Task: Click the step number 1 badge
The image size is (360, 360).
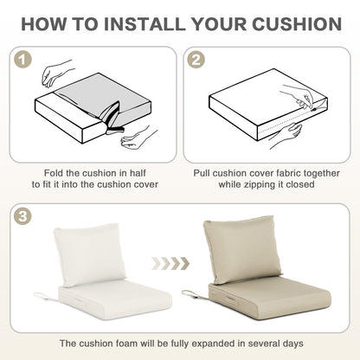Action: (x=22, y=60)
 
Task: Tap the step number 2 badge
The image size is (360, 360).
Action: (x=196, y=60)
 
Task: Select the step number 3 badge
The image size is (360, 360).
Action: (x=22, y=216)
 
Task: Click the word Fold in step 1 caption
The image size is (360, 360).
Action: (x=54, y=173)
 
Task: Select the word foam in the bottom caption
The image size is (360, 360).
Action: (x=126, y=344)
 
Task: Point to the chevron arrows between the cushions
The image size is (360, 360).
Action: (x=170, y=263)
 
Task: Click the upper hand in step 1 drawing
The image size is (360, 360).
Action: (x=56, y=73)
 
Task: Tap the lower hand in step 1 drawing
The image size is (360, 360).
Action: (x=138, y=138)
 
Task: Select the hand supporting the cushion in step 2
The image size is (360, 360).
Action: (x=284, y=135)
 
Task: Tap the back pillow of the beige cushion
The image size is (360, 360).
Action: (x=241, y=249)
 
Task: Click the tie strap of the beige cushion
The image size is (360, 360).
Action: (x=194, y=294)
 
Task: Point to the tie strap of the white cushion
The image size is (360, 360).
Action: (x=46, y=296)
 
